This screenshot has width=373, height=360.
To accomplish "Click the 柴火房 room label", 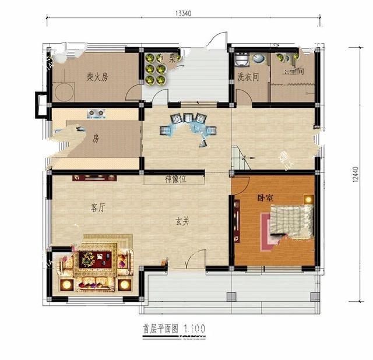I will pyautogui.click(x=98, y=77).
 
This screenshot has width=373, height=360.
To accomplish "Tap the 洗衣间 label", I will pyautogui.click(x=248, y=76).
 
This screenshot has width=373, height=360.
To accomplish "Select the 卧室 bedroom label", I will pyautogui.click(x=266, y=198).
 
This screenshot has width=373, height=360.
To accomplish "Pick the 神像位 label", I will pyautogui.click(x=175, y=179).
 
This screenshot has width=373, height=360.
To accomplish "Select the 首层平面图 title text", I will pyautogui.click(x=160, y=328).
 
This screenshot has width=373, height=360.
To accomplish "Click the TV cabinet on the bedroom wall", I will pyautogui.click(x=237, y=220).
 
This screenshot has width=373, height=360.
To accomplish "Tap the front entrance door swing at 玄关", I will pyautogui.click(x=196, y=259).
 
